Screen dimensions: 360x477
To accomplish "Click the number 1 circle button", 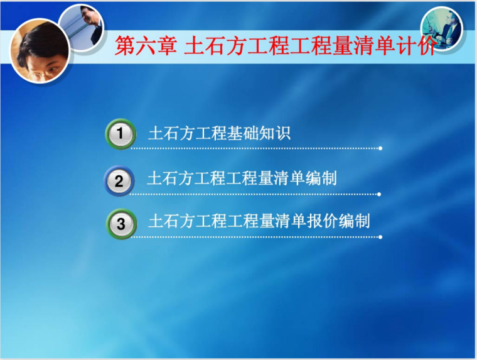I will coord(120,134).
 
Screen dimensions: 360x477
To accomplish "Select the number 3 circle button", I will coord(121,224).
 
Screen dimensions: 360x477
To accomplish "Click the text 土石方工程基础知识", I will coord(219,134).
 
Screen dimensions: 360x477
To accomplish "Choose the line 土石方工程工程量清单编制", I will coord(242,178).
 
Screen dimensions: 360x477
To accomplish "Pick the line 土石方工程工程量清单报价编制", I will coord(259,221).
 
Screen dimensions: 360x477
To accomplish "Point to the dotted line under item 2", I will coord(254,194).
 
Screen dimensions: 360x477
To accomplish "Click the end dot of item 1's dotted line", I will coord(380,148).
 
